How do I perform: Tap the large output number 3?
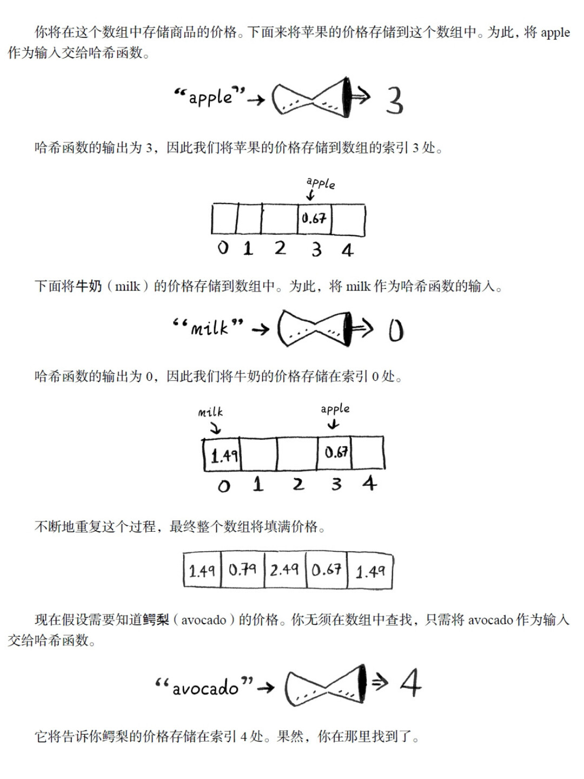[394, 101]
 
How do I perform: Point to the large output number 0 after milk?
[396, 331]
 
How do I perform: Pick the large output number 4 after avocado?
[410, 683]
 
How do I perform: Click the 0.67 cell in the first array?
[314, 219]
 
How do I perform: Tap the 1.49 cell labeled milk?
[223, 454]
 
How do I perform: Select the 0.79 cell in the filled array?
[243, 570]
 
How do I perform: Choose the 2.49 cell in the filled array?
[285, 570]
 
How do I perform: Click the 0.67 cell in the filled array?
[327, 570]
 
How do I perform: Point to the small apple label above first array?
[321, 183]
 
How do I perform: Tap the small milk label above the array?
[210, 412]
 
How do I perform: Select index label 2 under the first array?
[280, 248]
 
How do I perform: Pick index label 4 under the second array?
[369, 483]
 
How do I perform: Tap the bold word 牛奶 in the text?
[89, 286]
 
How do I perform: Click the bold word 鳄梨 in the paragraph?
[156, 620]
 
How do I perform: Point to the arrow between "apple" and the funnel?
[256, 100]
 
